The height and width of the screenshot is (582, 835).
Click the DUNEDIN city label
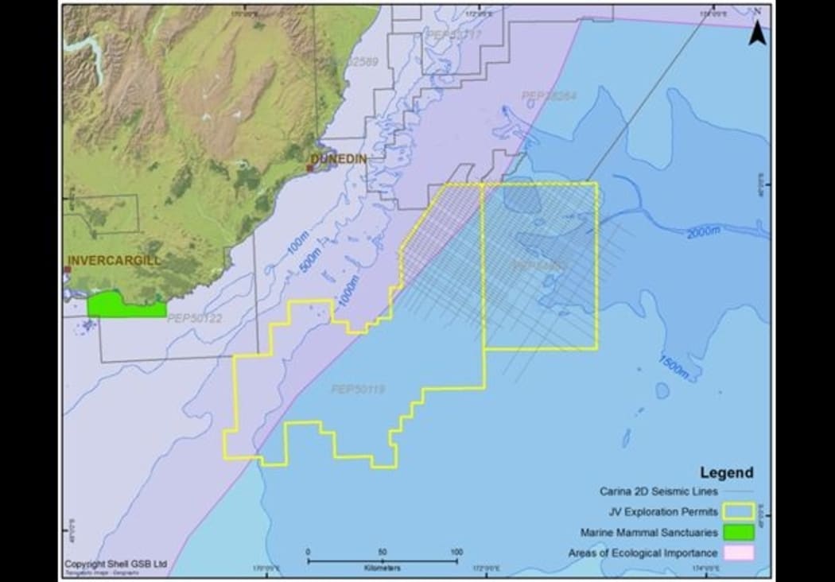(x=339, y=159)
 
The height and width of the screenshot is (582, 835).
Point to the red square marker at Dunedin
(x=309, y=168)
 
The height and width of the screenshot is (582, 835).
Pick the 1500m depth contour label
(x=673, y=367)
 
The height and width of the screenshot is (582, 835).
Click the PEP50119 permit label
(x=358, y=390)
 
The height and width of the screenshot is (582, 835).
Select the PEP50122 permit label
(x=195, y=318)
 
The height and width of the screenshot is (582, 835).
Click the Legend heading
(x=726, y=473)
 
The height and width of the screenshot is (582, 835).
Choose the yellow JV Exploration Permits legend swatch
(x=739, y=512)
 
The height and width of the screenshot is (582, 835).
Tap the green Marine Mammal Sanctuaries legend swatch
(x=739, y=532)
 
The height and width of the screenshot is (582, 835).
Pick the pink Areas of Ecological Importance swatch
(x=739, y=553)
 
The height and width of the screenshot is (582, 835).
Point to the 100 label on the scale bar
(x=456, y=552)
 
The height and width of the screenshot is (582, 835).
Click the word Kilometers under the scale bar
(x=383, y=568)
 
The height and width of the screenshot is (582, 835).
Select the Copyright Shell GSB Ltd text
(x=116, y=564)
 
